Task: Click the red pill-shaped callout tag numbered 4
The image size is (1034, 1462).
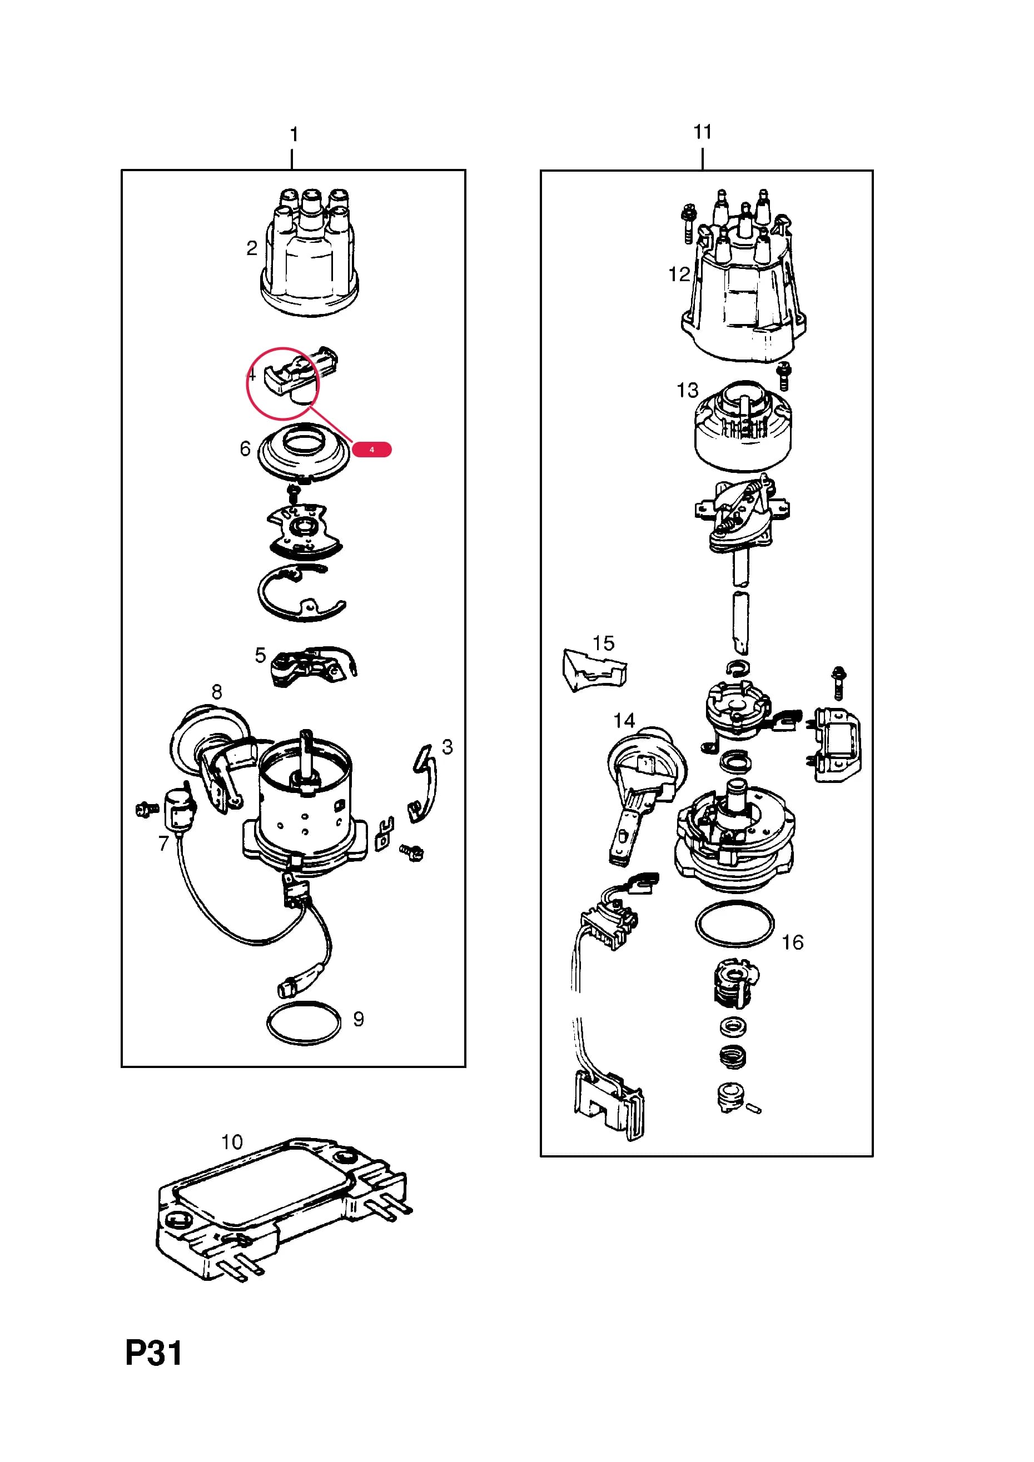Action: (x=371, y=450)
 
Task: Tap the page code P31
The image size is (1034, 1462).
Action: (x=153, y=1353)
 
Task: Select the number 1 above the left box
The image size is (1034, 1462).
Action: (x=294, y=134)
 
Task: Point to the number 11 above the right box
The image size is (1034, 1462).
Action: (x=702, y=132)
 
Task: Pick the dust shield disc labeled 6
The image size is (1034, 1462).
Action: (x=304, y=453)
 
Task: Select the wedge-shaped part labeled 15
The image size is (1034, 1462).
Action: (x=594, y=671)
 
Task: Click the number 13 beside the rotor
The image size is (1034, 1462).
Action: (x=688, y=390)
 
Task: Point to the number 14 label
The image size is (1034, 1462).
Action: (x=624, y=721)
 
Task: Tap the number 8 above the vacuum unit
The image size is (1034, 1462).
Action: (x=217, y=692)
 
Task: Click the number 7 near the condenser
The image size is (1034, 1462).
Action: (x=164, y=844)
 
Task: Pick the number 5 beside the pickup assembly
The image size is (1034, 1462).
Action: (x=260, y=655)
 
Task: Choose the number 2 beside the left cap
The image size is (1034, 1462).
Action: (x=252, y=248)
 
